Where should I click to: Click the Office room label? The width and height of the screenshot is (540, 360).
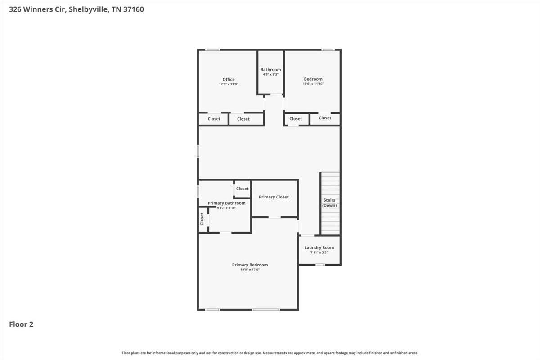(x=229, y=79)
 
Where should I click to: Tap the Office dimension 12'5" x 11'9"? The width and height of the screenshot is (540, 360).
(x=229, y=84)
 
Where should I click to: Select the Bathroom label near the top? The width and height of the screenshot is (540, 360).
(x=271, y=69)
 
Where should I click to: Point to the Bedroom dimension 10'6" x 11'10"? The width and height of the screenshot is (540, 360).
(x=313, y=84)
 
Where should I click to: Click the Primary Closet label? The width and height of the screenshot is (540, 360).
(x=274, y=197)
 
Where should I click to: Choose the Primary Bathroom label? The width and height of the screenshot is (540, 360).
(x=227, y=203)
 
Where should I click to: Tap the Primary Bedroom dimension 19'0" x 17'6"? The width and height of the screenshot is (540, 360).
(x=250, y=270)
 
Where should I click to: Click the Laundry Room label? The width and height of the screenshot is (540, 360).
(x=319, y=247)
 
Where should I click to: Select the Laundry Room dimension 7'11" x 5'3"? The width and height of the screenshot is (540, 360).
(x=319, y=252)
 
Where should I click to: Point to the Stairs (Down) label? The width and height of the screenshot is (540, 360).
(x=329, y=202)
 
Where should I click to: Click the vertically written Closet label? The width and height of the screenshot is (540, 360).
(x=202, y=219)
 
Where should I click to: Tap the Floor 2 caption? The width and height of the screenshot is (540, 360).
(x=21, y=324)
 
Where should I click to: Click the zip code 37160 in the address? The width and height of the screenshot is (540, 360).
(x=134, y=9)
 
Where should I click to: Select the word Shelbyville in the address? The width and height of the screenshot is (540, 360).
(x=89, y=9)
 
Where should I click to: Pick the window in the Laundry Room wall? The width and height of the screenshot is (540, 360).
(x=320, y=265)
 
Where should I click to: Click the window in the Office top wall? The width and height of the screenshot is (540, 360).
(x=212, y=50)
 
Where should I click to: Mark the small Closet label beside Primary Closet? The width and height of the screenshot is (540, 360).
(x=242, y=189)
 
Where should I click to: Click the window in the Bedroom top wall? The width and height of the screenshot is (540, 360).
(x=328, y=50)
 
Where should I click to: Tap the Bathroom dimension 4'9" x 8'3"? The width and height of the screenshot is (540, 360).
(x=271, y=74)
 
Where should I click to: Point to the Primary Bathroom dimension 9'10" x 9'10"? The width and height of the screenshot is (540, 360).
(x=227, y=208)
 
